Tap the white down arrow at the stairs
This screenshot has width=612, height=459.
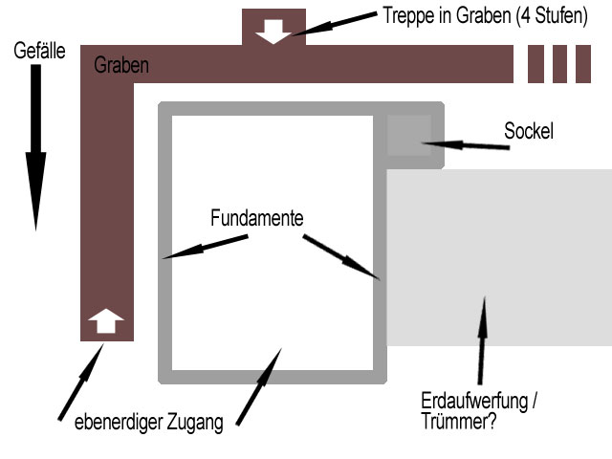pos(273,30)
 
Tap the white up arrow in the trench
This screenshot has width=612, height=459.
pos(106,321)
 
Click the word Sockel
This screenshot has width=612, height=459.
pos(528,132)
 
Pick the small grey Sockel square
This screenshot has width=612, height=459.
pos(409,135)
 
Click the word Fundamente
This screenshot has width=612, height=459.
pos(256,218)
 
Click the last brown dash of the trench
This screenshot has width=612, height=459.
pos(583,64)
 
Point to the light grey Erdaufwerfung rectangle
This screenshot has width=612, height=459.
pos(497,258)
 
